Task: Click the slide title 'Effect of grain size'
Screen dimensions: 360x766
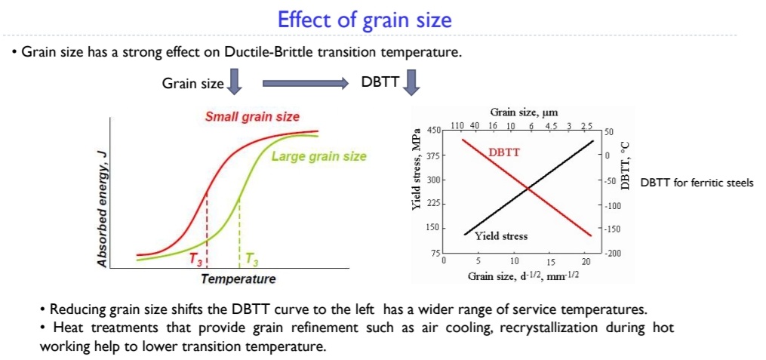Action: click(x=365, y=20)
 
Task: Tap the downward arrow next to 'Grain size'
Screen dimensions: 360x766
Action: click(x=235, y=82)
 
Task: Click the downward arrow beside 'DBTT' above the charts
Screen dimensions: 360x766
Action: click(x=411, y=82)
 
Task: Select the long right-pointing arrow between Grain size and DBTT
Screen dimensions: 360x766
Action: click(x=305, y=82)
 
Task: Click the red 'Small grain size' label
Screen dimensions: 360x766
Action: click(x=252, y=117)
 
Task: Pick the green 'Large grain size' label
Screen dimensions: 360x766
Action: click(x=318, y=157)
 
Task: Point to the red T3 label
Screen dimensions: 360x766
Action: click(x=196, y=260)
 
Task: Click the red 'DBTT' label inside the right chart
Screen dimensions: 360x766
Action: click(x=503, y=152)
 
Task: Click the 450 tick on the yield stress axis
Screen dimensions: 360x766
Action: click(x=433, y=131)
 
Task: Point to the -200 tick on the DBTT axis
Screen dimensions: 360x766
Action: click(x=613, y=254)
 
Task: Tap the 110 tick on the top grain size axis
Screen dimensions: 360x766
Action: click(x=456, y=125)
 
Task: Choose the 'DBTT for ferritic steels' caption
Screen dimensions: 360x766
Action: click(x=696, y=183)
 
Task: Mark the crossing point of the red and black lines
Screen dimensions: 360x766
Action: click(x=528, y=187)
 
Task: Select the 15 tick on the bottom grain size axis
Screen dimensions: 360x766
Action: click(x=550, y=261)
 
